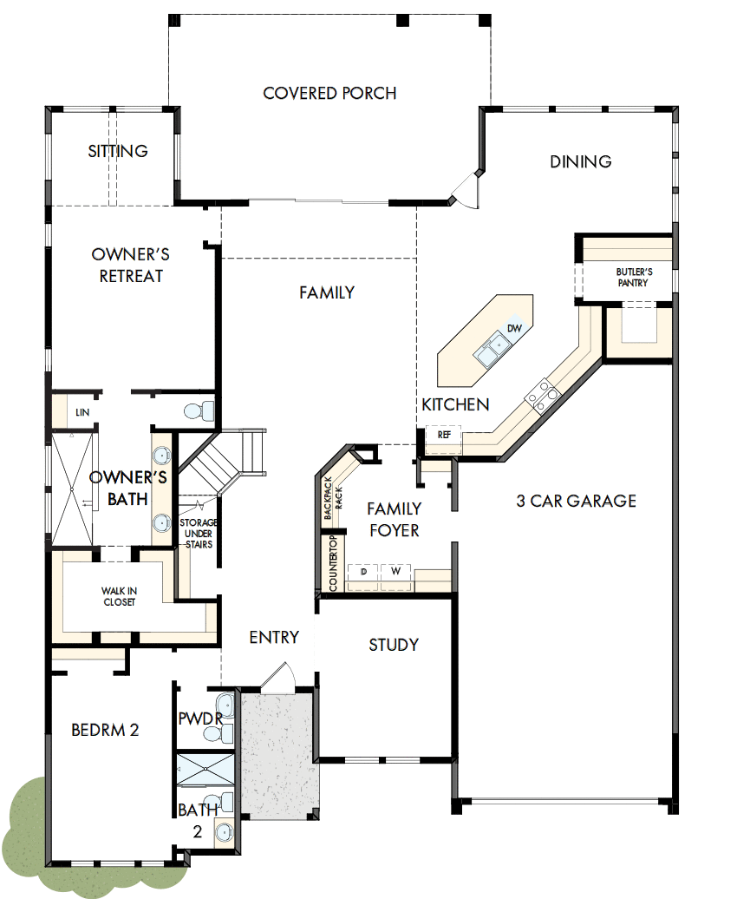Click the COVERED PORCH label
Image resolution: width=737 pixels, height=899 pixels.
329,93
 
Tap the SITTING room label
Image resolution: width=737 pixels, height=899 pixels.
118,151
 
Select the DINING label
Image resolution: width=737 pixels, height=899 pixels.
580,161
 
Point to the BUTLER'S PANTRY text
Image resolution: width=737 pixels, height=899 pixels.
634,277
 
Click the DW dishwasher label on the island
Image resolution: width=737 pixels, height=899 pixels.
514,328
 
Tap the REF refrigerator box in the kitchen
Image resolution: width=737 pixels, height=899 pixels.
444,434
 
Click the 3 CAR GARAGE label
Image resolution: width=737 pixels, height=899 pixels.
576,501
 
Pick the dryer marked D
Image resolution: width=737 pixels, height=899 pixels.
364,572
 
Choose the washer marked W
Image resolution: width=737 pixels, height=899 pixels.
395,572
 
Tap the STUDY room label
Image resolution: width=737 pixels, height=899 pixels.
394,645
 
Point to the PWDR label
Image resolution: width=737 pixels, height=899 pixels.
200,719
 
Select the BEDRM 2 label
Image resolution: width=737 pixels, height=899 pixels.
105,730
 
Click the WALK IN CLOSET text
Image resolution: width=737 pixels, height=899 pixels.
119,597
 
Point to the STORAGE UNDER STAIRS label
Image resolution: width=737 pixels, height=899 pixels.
198,534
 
